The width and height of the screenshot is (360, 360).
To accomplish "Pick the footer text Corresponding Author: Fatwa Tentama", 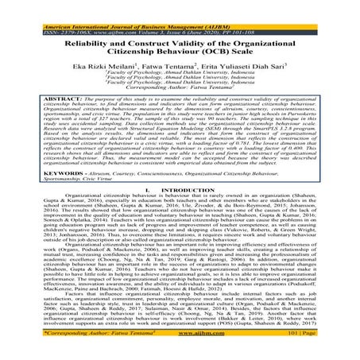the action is click(x=57, y=354).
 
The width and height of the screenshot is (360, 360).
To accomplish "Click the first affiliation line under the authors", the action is click(x=180, y=65).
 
